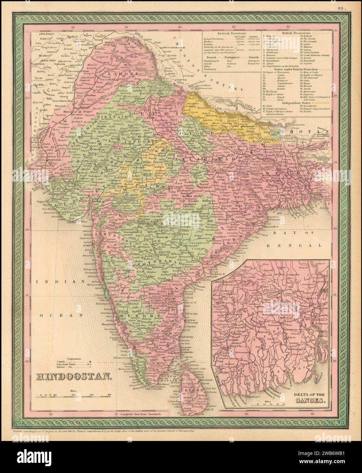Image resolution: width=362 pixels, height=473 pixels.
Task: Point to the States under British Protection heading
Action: click(x=289, y=69)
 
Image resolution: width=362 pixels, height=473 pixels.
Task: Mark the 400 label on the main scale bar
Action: click(x=109, y=395)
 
